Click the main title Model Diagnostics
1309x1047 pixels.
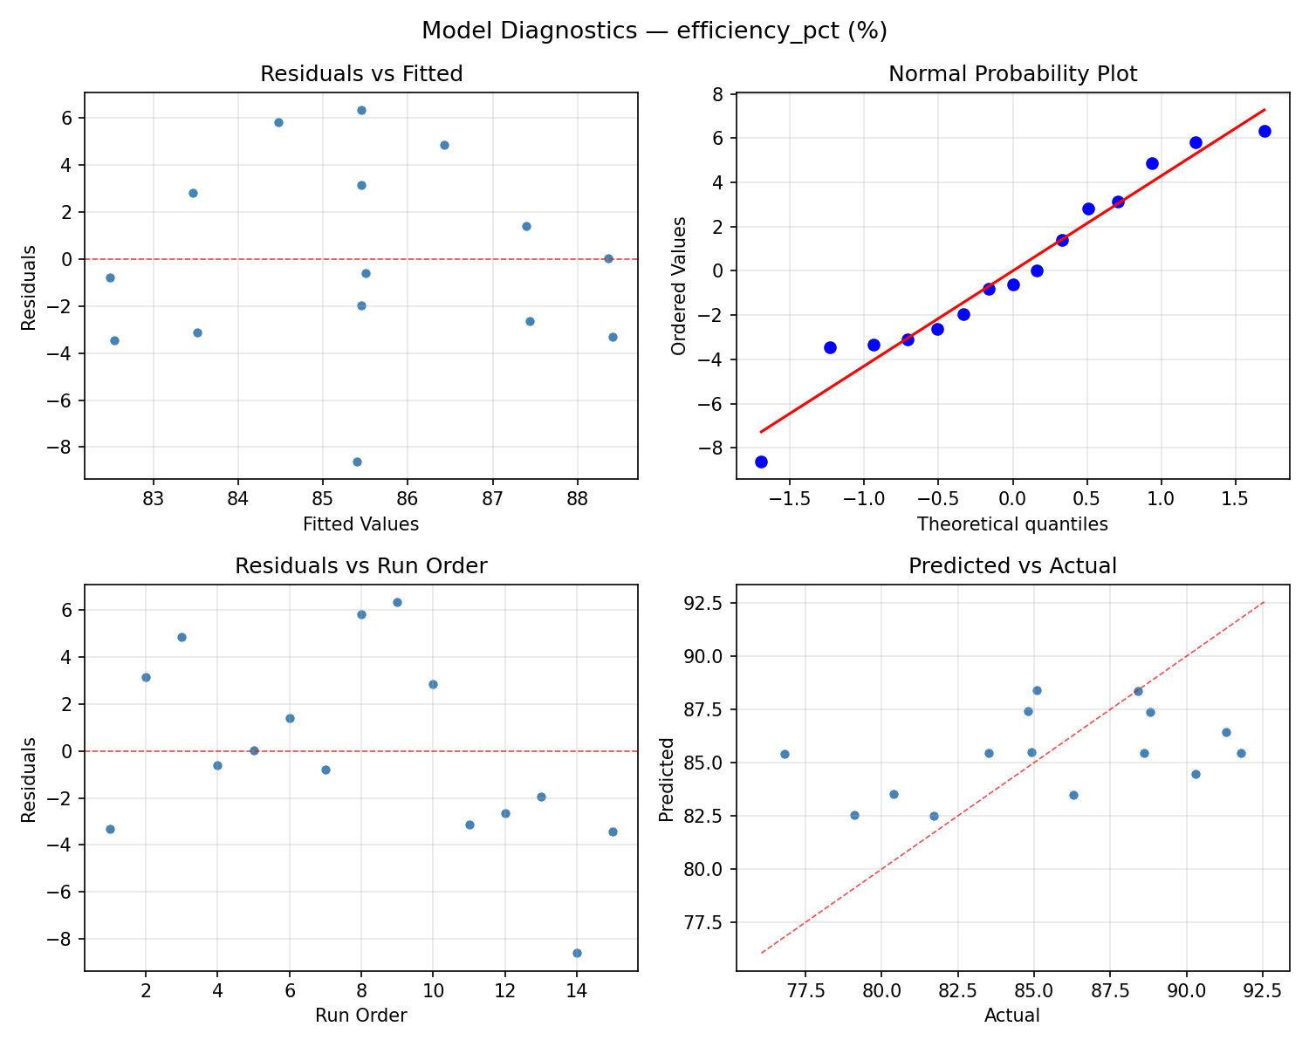tap(654, 31)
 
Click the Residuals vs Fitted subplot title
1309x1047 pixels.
tap(361, 74)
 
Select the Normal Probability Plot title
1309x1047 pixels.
tap(1012, 74)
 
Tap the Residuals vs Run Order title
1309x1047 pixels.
tap(361, 566)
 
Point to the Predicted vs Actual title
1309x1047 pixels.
tap(1012, 566)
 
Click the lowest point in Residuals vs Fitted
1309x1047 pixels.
tap(357, 462)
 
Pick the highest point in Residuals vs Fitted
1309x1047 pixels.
tap(361, 110)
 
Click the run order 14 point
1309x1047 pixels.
tap(577, 953)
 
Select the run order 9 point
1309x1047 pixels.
tap(397, 602)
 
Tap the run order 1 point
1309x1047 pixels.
tap(110, 829)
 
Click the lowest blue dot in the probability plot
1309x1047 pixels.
tap(761, 462)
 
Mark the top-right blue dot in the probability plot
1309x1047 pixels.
tap(1264, 131)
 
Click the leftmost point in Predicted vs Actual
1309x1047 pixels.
tap(785, 754)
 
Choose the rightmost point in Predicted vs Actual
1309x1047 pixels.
tap(1241, 753)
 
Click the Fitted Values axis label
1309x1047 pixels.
tap(361, 524)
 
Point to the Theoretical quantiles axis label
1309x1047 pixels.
tap(1012, 524)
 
